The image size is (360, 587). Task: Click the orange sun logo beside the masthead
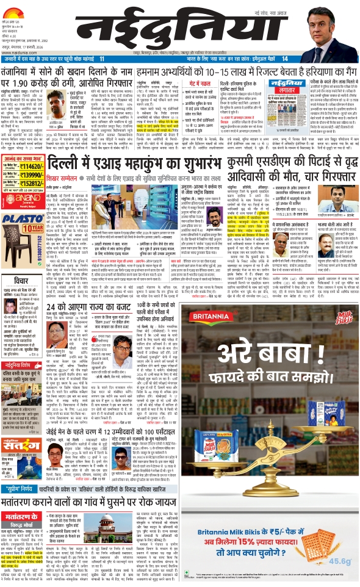pos(19,7)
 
